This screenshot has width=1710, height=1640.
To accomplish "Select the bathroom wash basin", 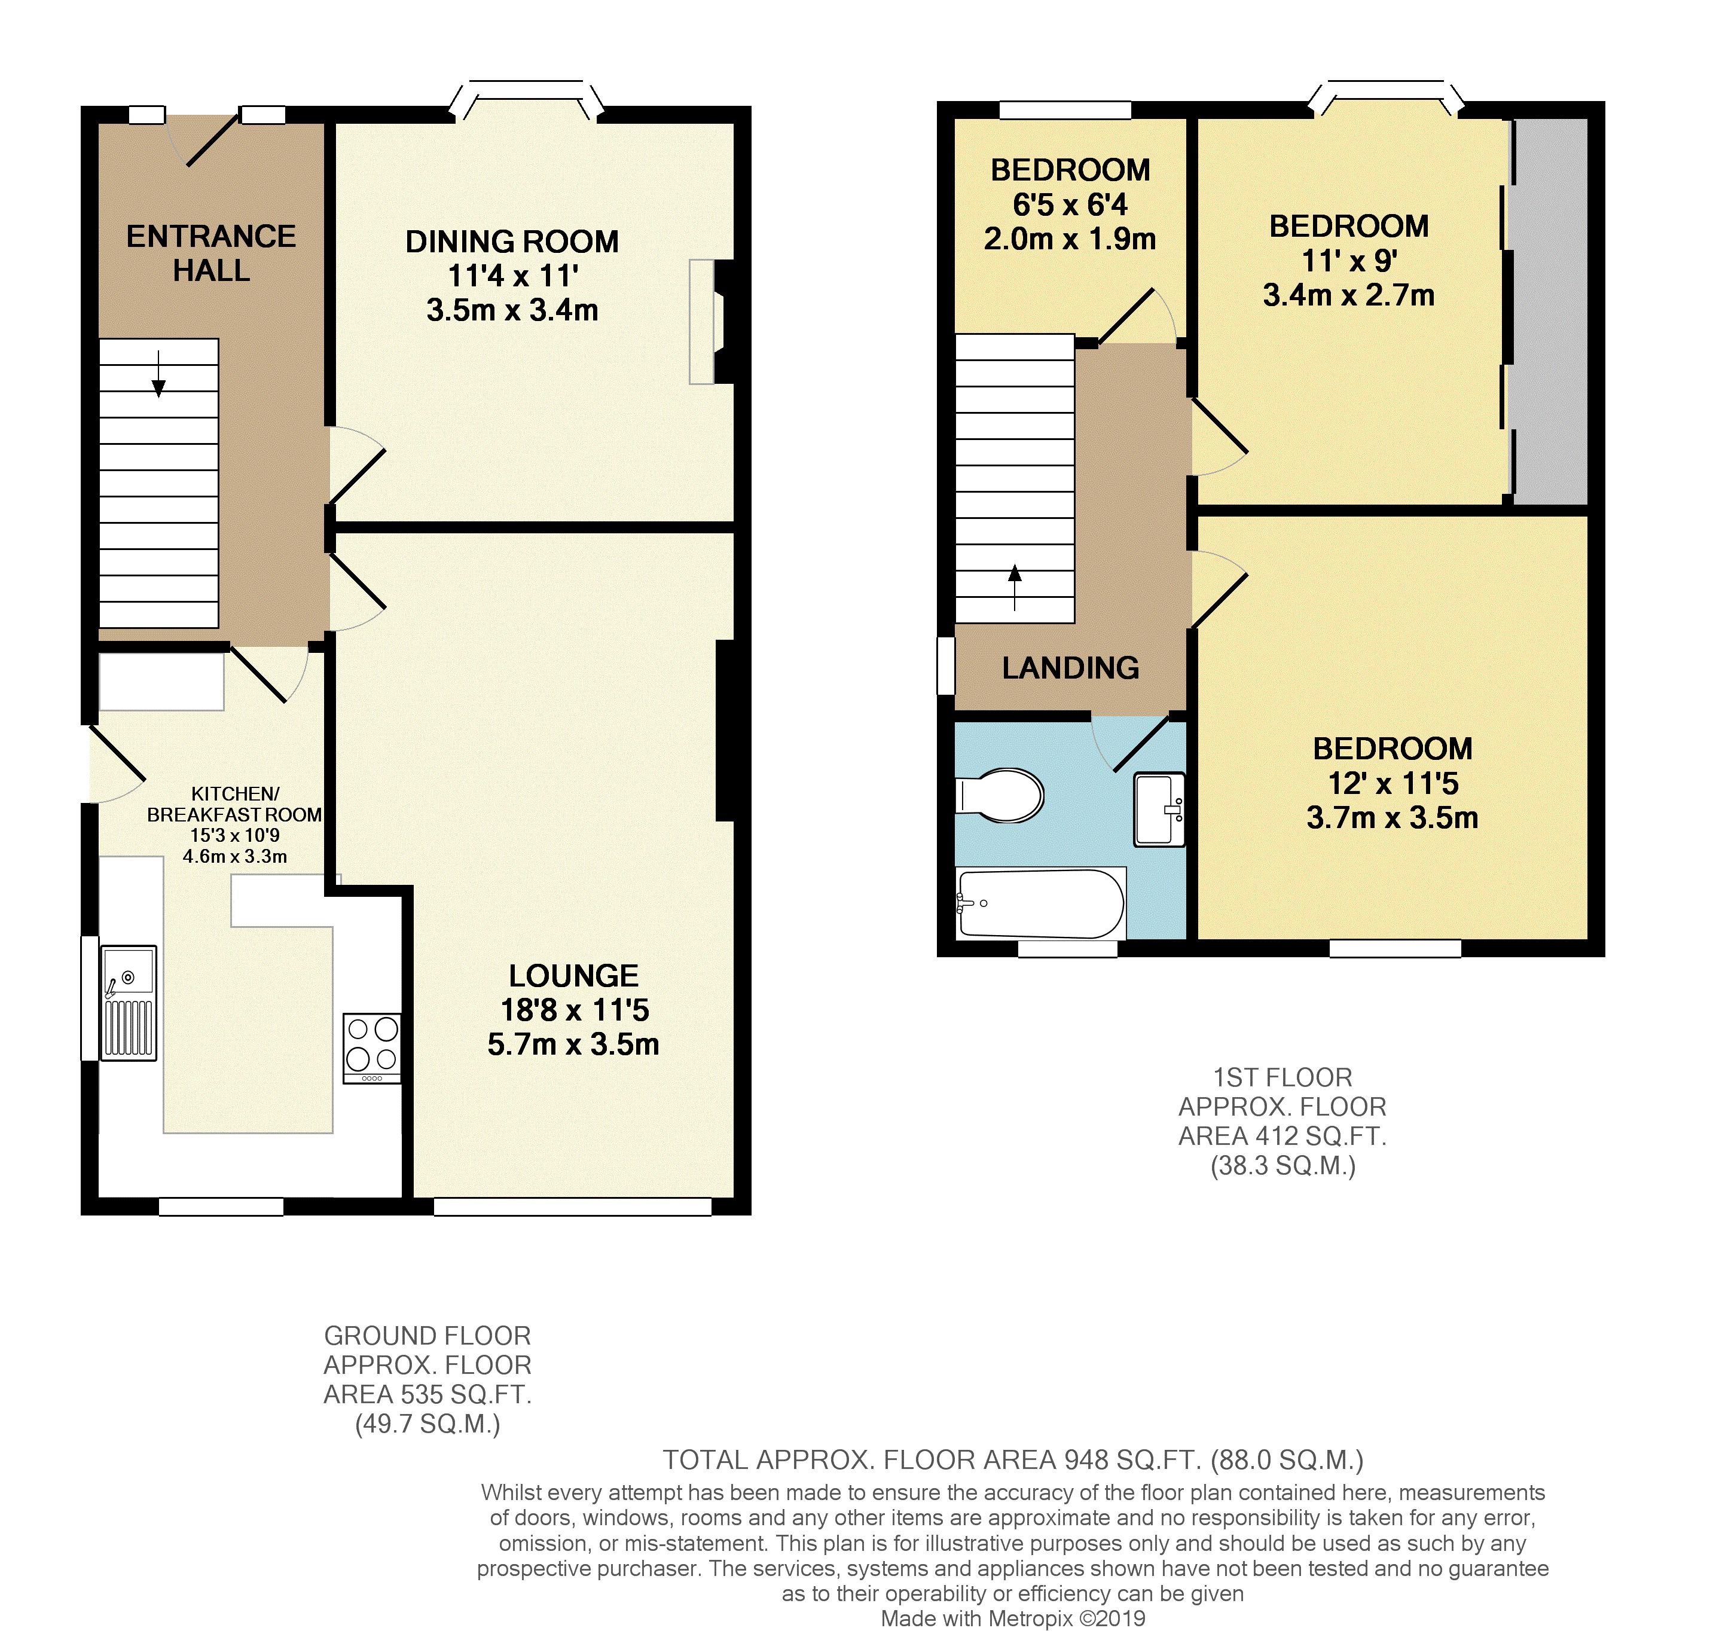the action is (x=1159, y=810).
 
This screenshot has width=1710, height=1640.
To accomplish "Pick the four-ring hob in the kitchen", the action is (x=372, y=1047).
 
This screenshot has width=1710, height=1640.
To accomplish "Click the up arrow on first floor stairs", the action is (x=1015, y=588).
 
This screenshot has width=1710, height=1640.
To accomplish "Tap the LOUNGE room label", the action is (x=574, y=975).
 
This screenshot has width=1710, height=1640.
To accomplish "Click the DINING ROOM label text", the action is (x=512, y=242).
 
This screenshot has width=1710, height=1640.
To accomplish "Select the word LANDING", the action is (x=1070, y=668).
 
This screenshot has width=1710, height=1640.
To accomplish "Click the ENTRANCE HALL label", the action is (x=211, y=253).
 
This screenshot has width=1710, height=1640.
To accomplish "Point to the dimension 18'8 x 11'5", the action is (x=575, y=1010).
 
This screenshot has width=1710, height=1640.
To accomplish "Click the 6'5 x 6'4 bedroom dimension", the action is (x=1070, y=205).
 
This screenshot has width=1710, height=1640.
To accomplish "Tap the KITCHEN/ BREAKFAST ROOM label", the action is (x=235, y=804).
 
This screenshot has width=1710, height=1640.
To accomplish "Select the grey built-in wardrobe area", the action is (x=1550, y=311).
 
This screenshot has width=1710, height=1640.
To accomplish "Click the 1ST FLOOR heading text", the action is (x=1282, y=1077).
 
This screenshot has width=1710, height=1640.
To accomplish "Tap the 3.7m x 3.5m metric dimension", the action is (x=1393, y=819).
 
